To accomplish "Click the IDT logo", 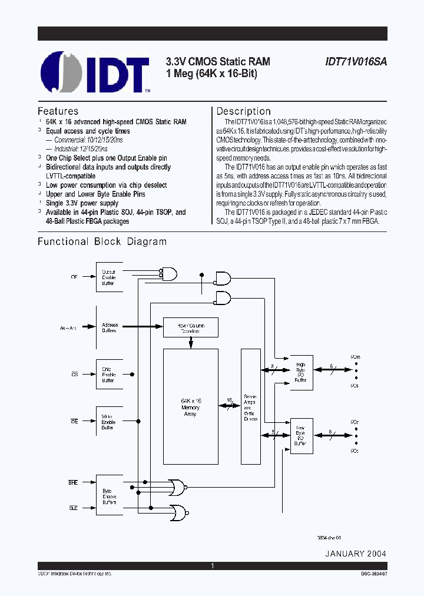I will click(95, 72).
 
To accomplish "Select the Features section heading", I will click(58, 111).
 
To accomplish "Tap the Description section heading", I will click(243, 111).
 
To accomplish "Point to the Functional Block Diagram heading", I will click(102, 241).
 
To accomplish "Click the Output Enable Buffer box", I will click(109, 277).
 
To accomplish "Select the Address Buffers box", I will click(109, 328).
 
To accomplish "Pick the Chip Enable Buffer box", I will click(109, 375).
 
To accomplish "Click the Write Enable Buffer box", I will click(109, 422).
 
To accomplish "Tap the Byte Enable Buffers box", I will click(109, 496).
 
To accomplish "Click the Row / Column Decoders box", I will click(190, 327).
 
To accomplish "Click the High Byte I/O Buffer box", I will click(301, 372).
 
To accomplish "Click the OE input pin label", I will click(74, 276).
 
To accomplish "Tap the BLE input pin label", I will click(74, 507).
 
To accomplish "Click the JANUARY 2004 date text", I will click(355, 554).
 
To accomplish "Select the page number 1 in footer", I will click(212, 565).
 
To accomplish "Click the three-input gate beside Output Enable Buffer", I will click(168, 274).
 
